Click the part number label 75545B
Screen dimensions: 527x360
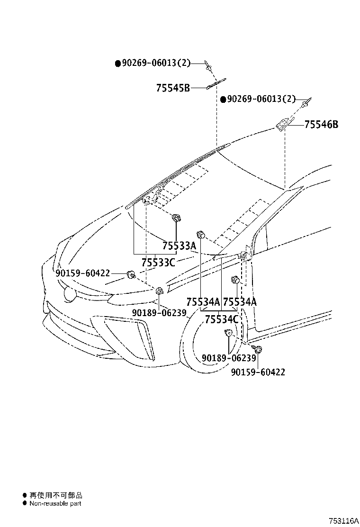173,88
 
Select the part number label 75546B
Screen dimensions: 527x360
321,125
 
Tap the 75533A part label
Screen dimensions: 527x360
179,245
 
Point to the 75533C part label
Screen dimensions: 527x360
158,262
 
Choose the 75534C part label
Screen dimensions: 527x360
221,319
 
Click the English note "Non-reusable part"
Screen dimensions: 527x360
55,503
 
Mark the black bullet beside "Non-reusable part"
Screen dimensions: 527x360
25,503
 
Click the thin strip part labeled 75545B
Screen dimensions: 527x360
216,84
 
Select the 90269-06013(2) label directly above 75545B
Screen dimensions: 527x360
156,63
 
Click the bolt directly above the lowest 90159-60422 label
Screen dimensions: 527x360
259,350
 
